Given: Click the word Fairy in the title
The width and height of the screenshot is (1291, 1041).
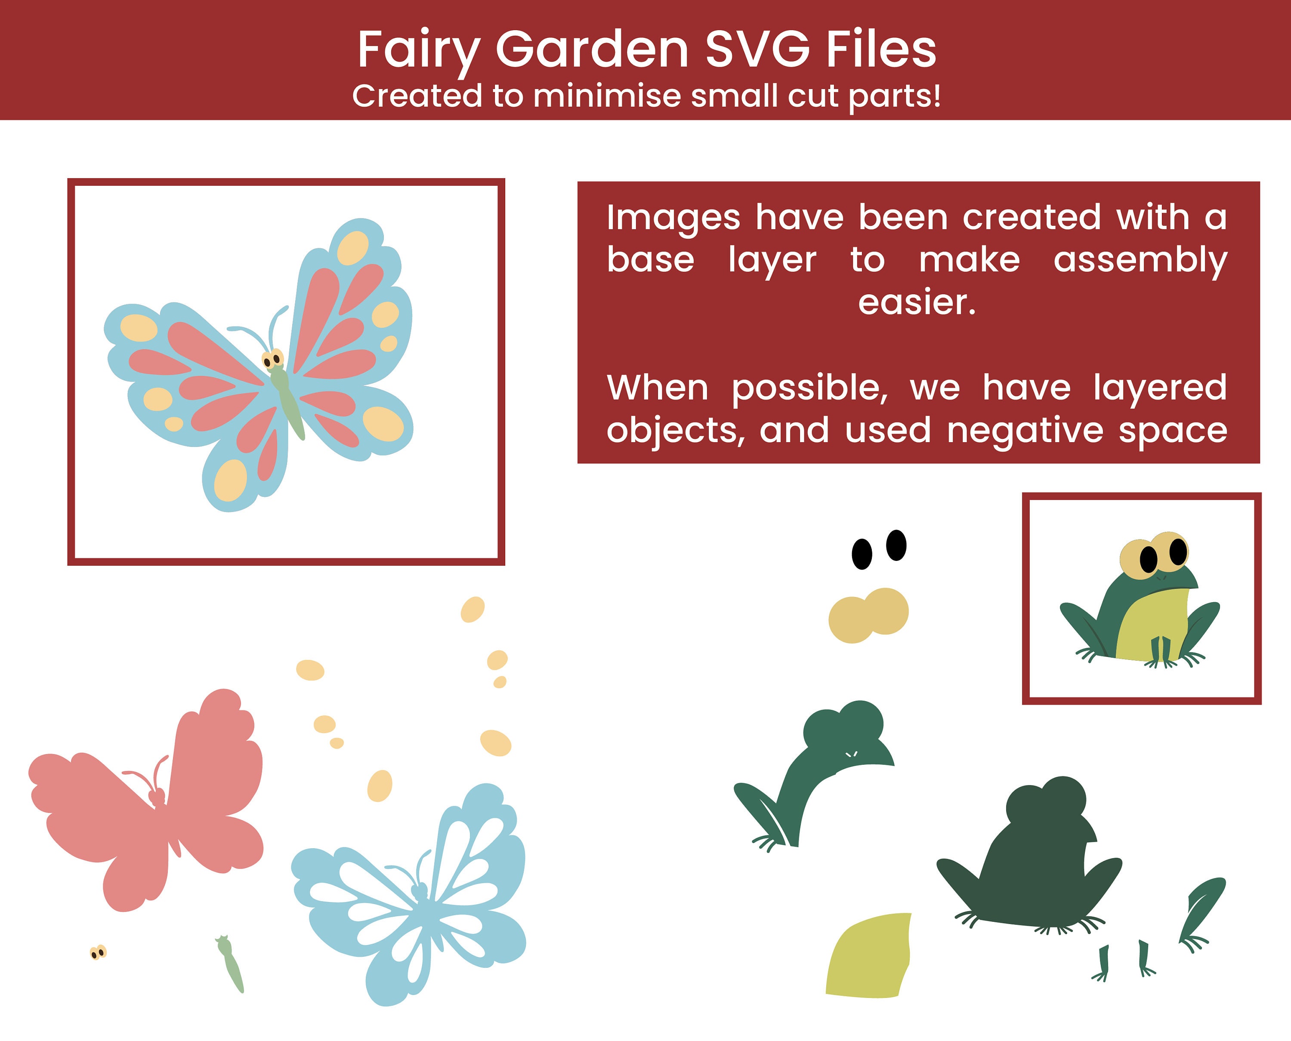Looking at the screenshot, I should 419,50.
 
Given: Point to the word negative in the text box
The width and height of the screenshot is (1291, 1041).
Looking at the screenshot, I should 1025,430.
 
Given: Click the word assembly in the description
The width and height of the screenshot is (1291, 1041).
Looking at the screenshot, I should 1140,260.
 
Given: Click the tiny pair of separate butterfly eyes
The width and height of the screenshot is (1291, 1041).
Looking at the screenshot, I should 98,952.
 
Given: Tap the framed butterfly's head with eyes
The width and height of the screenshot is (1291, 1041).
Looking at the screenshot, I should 273,359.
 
